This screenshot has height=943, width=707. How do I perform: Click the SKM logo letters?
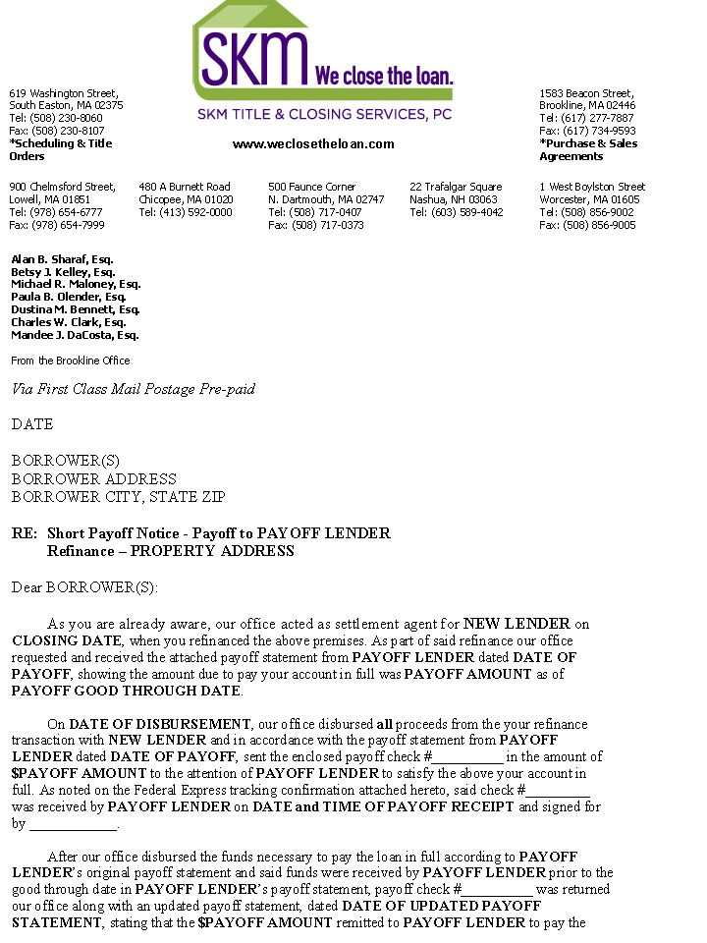tap(253, 59)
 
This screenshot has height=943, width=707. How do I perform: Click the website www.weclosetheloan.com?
tap(313, 144)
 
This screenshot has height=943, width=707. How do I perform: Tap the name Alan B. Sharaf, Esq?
tap(62, 259)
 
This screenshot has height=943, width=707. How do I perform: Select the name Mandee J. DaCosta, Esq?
tap(75, 335)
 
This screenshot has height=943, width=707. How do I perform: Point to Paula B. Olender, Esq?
tap(69, 297)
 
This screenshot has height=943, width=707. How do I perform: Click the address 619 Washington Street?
tap(64, 92)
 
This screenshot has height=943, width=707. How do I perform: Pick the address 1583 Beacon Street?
tap(586, 92)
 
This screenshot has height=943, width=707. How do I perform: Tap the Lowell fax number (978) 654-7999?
tap(56, 225)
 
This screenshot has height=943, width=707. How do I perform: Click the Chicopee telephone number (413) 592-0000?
tap(186, 212)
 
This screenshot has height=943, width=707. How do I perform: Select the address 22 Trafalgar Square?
tap(456, 187)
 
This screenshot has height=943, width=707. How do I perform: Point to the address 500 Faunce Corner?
tap(312, 187)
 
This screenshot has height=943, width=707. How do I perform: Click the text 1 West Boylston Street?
tap(592, 187)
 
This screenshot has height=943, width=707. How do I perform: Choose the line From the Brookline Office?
tap(70, 361)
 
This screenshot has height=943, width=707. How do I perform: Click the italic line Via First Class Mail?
tap(134, 389)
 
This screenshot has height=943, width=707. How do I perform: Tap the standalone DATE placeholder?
tap(32, 424)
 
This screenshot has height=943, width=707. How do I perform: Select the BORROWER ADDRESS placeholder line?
tap(94, 478)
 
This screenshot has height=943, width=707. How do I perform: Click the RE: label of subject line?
tap(25, 533)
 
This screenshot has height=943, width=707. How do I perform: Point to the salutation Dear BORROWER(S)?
tap(84, 587)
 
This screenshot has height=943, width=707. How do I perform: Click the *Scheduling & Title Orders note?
tap(61, 150)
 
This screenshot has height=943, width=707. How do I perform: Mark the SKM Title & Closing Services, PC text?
tap(324, 114)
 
